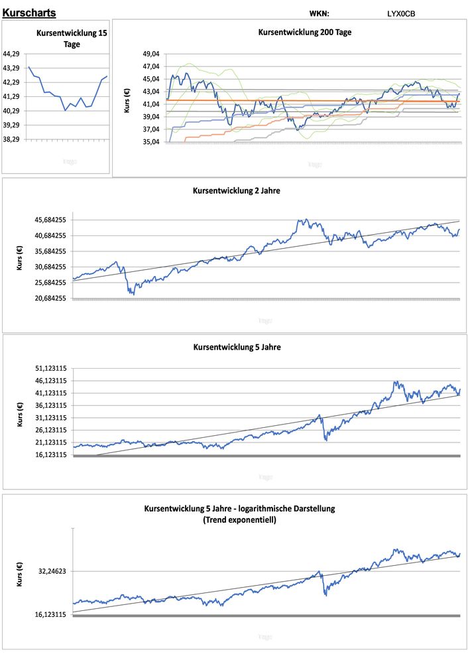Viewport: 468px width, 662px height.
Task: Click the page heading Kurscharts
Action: [29, 13]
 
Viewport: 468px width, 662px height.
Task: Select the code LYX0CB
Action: [401, 13]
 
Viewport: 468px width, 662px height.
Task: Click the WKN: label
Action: [319, 13]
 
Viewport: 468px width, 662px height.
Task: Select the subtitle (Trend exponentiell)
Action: [239, 520]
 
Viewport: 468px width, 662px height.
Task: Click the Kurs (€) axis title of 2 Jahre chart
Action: [19, 258]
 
